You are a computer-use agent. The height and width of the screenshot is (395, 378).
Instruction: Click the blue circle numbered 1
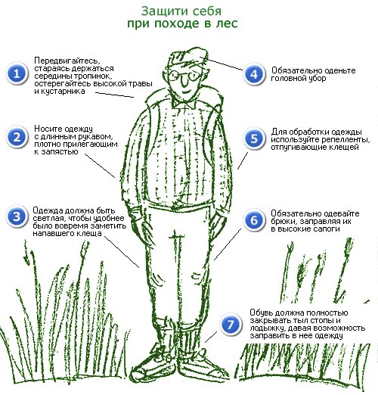[x=17, y=73]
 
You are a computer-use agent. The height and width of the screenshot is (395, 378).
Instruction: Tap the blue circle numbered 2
[x=17, y=138]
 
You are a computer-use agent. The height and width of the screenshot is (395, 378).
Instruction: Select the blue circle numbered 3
[x=17, y=216]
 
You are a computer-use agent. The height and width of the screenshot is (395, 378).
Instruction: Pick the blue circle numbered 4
[x=254, y=74]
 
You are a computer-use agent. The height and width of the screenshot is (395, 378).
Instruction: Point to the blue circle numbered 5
[x=254, y=138]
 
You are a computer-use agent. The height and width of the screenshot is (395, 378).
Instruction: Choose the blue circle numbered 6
[x=254, y=220]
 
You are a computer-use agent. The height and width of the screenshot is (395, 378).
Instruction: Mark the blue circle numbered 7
[x=231, y=325]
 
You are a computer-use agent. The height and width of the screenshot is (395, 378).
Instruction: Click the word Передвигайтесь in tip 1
[x=67, y=61]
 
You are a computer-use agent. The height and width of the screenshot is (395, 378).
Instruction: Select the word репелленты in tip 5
[x=344, y=140]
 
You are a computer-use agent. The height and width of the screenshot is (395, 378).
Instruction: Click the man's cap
[x=187, y=57]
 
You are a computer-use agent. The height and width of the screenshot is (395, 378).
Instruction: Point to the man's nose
[x=184, y=81]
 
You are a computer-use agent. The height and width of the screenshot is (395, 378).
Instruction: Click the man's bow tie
[x=184, y=103]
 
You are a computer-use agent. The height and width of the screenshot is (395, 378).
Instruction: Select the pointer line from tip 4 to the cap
[x=222, y=64]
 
